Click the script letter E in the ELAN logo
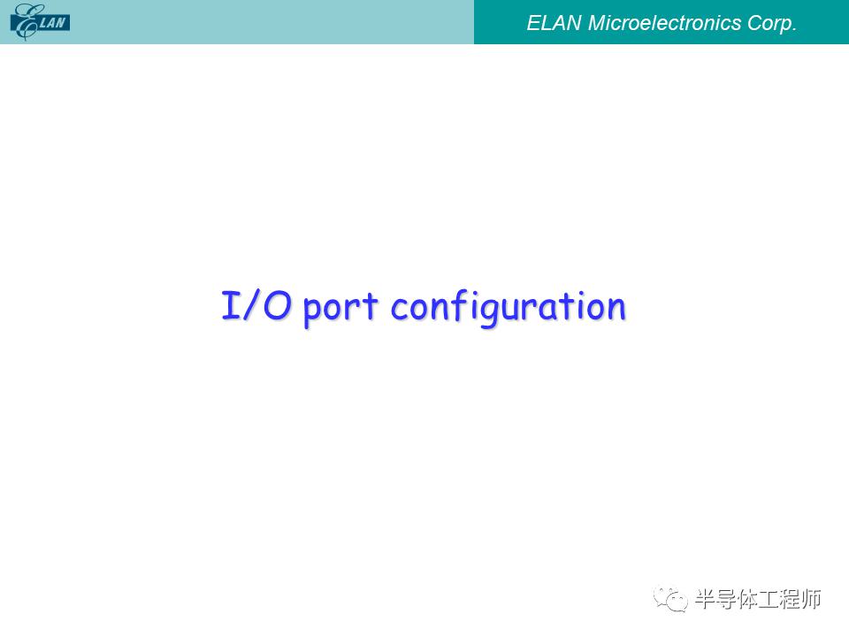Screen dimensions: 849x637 (x=25, y=21)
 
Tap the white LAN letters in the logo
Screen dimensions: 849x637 (x=52, y=23)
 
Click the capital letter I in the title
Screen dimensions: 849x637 (x=231, y=304)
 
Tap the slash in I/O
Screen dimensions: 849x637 (x=251, y=304)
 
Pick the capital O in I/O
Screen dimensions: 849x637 (x=277, y=305)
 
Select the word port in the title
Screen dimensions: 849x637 (x=340, y=308)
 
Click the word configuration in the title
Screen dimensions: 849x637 (x=508, y=308)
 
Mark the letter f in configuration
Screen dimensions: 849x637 (x=459, y=305)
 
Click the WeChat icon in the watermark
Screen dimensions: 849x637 (x=670, y=599)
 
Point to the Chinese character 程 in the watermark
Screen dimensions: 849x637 (x=790, y=599)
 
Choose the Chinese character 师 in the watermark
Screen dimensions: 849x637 (x=811, y=599)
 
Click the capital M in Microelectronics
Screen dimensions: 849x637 (x=597, y=23)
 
